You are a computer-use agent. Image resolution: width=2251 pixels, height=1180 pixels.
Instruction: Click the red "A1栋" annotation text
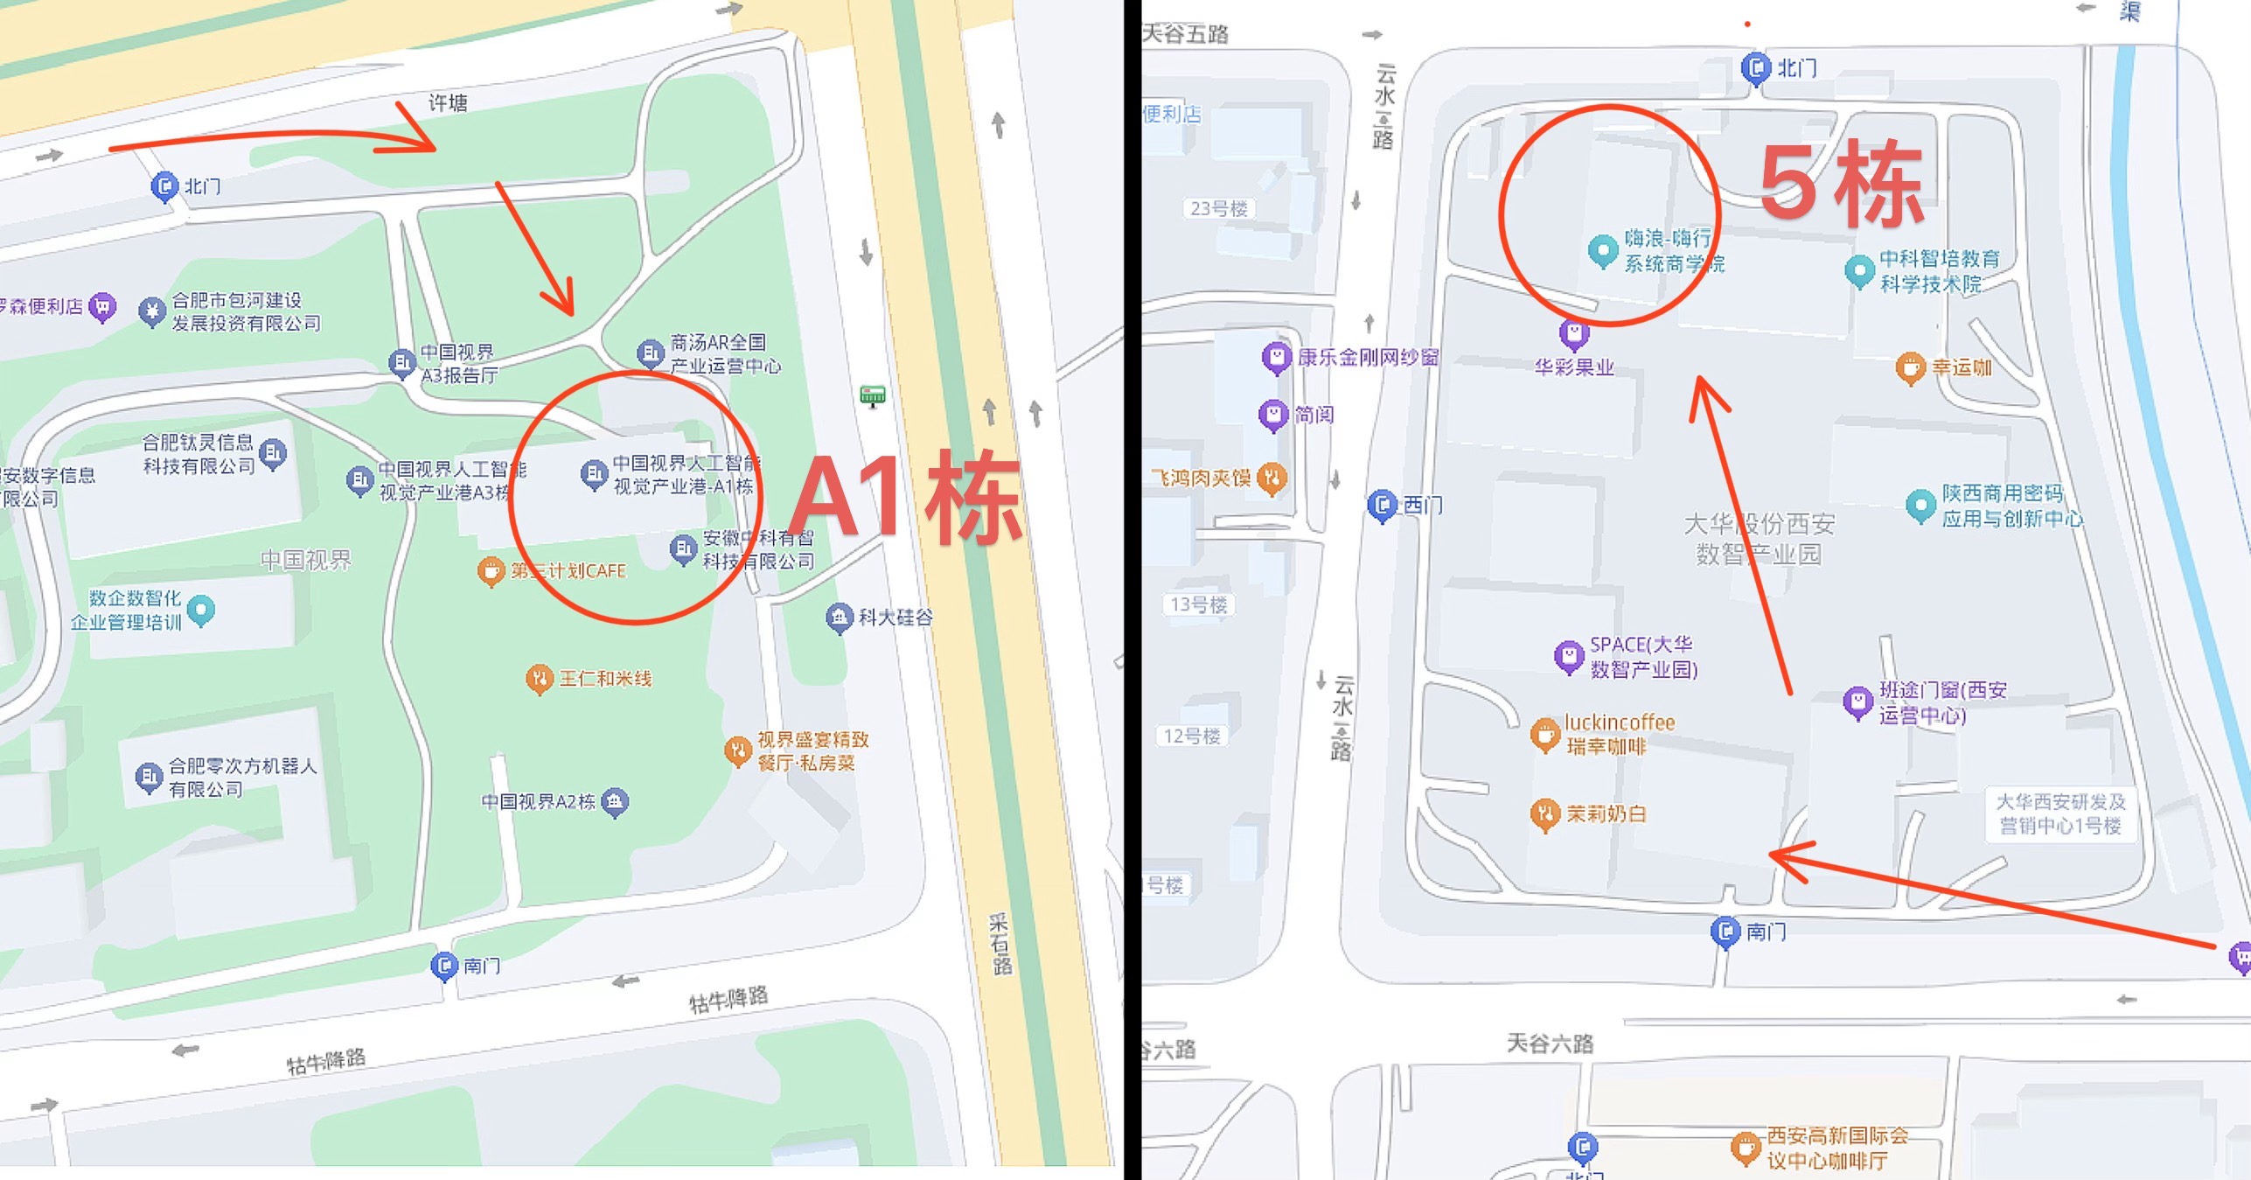(x=907, y=499)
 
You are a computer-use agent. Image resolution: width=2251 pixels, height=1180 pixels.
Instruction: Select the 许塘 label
(x=447, y=103)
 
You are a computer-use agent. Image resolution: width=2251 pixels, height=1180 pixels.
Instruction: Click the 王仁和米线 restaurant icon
(x=539, y=678)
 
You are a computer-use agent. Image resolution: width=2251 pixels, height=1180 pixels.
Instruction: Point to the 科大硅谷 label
(x=895, y=618)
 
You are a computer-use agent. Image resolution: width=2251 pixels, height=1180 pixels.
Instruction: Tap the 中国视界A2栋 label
(x=538, y=801)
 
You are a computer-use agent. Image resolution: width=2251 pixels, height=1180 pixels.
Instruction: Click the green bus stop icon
(x=872, y=396)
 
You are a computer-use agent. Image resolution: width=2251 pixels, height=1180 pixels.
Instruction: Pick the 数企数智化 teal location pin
(x=201, y=610)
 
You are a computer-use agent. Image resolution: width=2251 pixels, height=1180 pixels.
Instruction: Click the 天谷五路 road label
(x=1186, y=34)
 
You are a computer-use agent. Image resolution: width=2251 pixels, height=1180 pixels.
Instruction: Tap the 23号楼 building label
(x=1218, y=208)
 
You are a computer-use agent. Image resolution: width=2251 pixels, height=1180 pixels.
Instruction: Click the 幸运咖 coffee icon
(x=1910, y=367)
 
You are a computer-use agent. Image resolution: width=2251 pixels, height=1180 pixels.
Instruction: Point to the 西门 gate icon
(x=1383, y=505)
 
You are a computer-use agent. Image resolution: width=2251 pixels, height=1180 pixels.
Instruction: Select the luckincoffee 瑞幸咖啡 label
(x=1619, y=734)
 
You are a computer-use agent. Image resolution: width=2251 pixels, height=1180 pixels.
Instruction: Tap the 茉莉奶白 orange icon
(x=1545, y=814)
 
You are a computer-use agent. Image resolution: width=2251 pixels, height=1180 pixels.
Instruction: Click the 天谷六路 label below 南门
(x=1550, y=1043)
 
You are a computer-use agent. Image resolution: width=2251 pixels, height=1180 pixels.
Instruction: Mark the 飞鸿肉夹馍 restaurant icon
(x=1272, y=478)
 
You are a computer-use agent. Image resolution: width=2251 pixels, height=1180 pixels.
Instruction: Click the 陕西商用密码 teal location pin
(x=1920, y=506)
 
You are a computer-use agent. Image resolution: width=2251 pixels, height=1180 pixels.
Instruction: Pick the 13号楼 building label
(x=1198, y=604)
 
